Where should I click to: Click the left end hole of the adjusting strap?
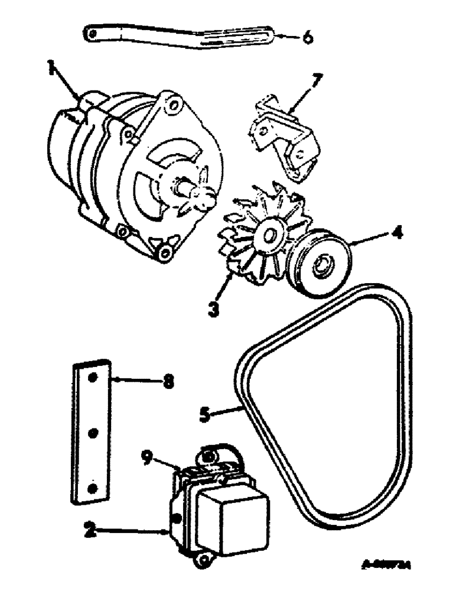(93, 34)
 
